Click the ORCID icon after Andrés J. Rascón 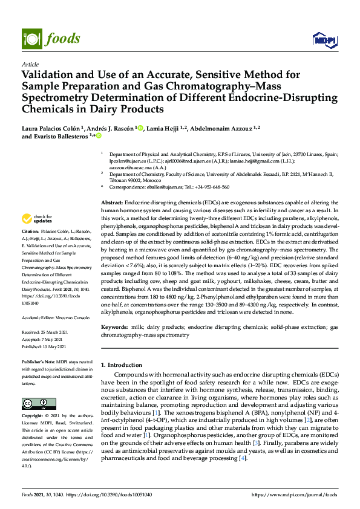pos(140,128)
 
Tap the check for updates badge pos(36,219)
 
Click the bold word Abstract pos(112,201)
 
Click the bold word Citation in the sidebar pos(30,232)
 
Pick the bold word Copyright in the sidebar pos(33,417)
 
